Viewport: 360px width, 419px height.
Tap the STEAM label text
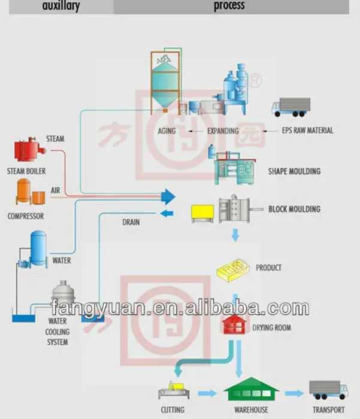55,139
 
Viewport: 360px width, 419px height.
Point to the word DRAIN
131,222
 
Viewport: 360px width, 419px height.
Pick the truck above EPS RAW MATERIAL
291,107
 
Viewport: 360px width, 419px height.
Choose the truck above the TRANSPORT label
328,390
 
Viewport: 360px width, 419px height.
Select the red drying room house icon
234,325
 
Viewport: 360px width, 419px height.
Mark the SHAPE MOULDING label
294,171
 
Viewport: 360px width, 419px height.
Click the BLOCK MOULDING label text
294,209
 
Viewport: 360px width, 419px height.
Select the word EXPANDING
223,130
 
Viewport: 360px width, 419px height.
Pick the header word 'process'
229,6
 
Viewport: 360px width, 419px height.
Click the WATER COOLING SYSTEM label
58,332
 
